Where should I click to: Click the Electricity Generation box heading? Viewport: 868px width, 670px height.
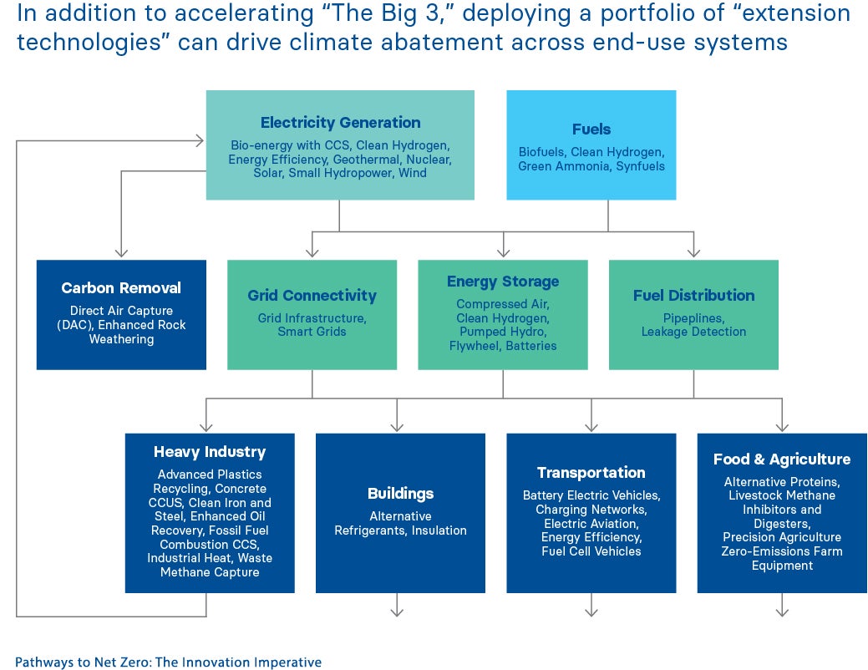pos(340,123)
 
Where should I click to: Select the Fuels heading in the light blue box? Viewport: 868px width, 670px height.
pos(591,129)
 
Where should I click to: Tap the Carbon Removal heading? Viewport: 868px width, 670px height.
pos(121,288)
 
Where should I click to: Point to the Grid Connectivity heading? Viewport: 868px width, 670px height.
pos(312,296)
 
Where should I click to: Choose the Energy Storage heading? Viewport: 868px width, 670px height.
pos(503,282)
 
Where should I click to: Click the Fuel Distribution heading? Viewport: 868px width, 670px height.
pos(693,296)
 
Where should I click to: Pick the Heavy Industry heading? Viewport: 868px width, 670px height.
pos(210,452)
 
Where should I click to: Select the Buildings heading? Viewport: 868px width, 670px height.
pos(400,494)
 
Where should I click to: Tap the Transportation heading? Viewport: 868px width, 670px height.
pos(591,473)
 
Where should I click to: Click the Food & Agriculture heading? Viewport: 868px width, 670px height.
pos(782,459)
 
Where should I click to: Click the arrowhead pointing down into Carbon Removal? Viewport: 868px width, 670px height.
pos(121,251)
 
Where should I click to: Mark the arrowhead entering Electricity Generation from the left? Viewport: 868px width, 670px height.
pos(199,141)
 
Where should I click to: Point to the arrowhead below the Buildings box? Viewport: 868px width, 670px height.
pos(397,612)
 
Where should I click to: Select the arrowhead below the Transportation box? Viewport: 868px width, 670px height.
pos(591,612)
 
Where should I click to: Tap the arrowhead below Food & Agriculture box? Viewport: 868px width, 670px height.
pos(782,612)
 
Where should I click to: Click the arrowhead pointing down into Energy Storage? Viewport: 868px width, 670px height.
pos(503,251)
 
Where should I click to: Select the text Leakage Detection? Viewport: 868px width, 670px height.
pos(693,332)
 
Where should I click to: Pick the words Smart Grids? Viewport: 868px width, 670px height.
pos(312,332)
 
